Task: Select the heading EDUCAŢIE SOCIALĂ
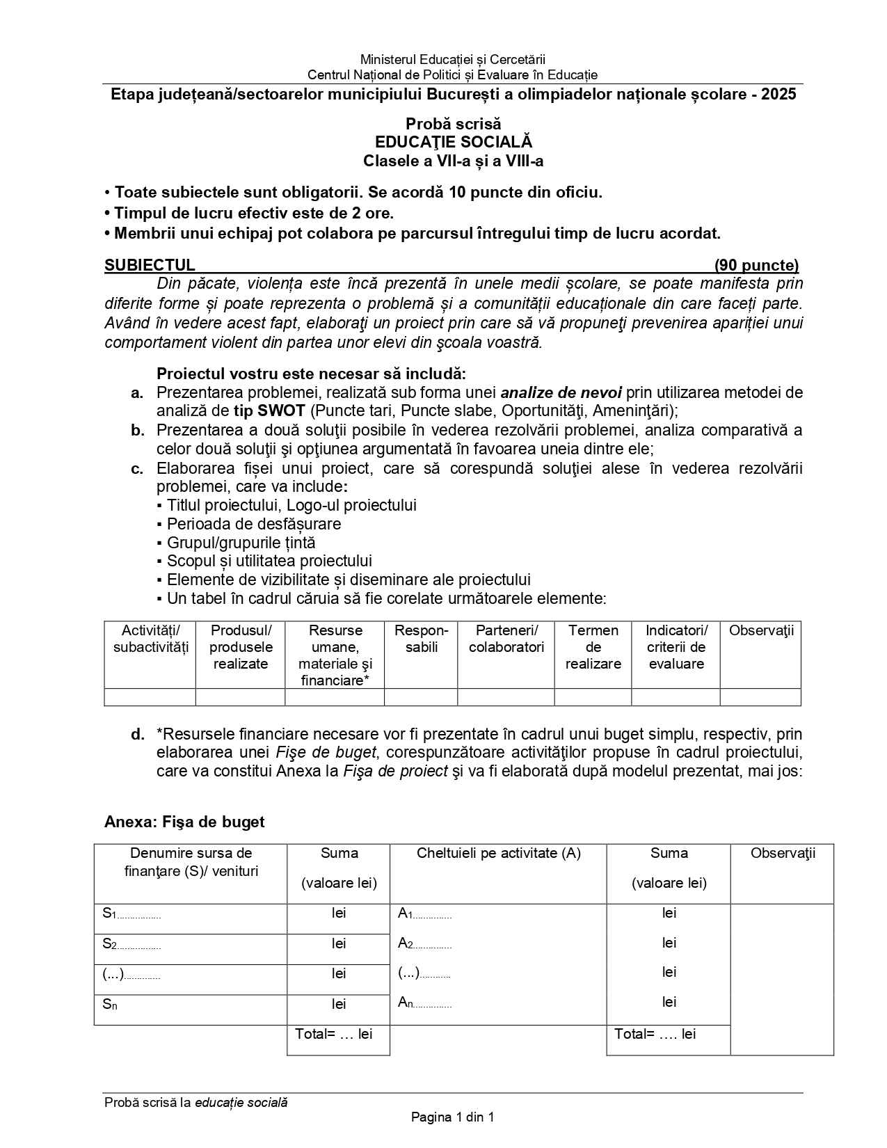pyautogui.click(x=453, y=142)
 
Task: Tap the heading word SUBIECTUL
pyautogui.click(x=150, y=265)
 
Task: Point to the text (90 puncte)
pyautogui.click(x=756, y=265)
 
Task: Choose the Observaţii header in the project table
pyautogui.click(x=760, y=631)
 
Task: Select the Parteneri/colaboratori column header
pyautogui.click(x=506, y=639)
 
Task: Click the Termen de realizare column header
pyautogui.click(x=593, y=647)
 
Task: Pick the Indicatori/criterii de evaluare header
pyautogui.click(x=676, y=647)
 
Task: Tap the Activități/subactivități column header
pyautogui.click(x=150, y=639)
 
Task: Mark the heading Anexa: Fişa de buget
pyautogui.click(x=184, y=822)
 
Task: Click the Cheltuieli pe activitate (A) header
pyautogui.click(x=498, y=853)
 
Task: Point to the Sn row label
pyautogui.click(x=109, y=1004)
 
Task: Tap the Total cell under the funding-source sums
pyautogui.click(x=333, y=1034)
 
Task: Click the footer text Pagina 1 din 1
pyautogui.click(x=452, y=1118)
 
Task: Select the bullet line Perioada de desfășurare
pyautogui.click(x=253, y=524)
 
